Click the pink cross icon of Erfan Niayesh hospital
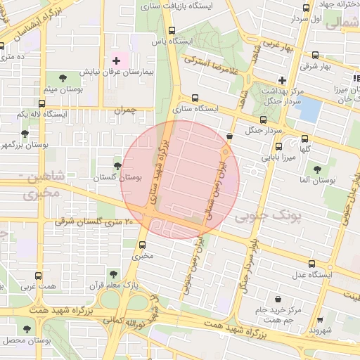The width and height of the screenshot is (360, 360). (117, 61)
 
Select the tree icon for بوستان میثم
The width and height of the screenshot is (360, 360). (63, 78)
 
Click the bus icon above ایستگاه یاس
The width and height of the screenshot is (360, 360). (172, 30)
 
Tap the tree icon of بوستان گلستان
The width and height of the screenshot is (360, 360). (117, 166)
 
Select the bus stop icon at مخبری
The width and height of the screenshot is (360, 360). (143, 245)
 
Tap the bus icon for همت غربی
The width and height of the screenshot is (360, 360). (37, 276)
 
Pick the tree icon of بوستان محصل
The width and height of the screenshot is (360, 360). (27, 328)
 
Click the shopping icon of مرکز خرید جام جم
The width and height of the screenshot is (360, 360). (278, 299)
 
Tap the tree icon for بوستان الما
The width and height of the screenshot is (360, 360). (317, 169)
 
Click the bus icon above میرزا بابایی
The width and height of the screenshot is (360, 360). (279, 148)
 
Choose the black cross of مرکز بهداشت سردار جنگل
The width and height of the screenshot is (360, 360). (282, 80)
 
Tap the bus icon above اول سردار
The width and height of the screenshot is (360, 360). (305, 8)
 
